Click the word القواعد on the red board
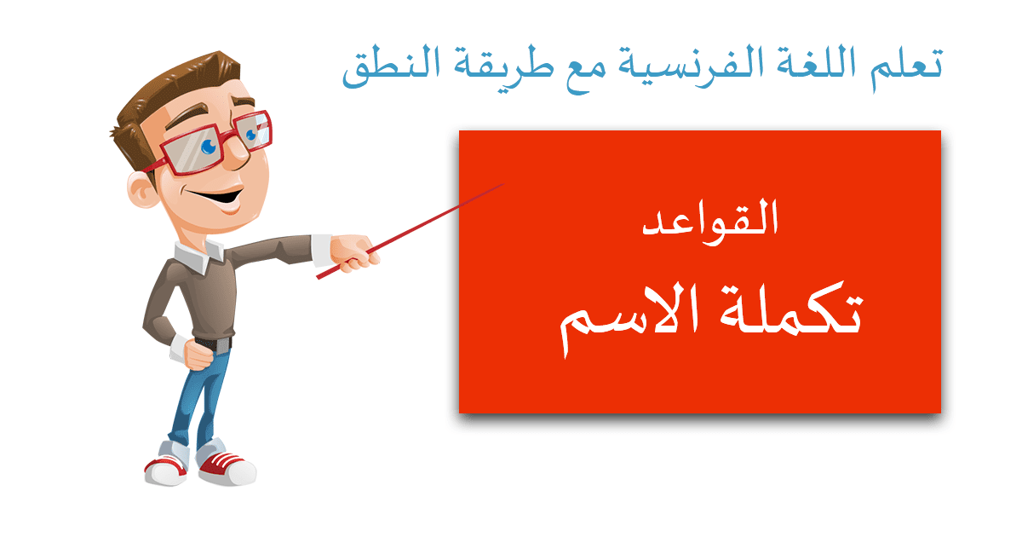coord(710,222)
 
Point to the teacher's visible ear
coord(142,189)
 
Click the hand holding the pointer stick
coord(353,253)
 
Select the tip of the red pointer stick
coord(503,184)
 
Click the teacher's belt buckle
coord(222,345)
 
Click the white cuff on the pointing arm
coord(322,251)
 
